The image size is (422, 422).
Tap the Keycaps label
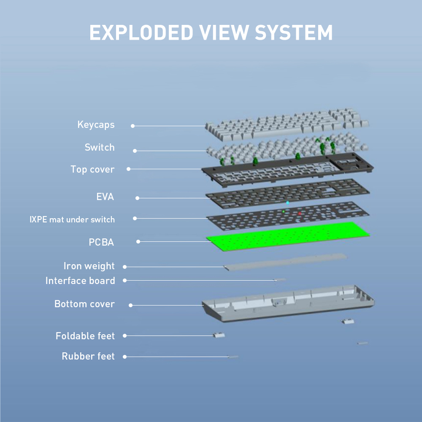click(x=96, y=125)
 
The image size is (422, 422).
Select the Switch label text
click(x=100, y=147)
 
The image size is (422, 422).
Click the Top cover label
click(x=92, y=170)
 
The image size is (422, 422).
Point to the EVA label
click(x=105, y=197)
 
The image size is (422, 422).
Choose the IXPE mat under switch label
click(x=72, y=219)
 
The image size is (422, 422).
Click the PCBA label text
click(x=101, y=243)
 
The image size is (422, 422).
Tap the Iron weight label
click(x=89, y=266)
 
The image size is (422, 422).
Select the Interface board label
click(x=80, y=281)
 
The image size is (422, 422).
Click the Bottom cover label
click(x=84, y=304)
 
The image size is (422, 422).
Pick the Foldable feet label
click(x=85, y=336)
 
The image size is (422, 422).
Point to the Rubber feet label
click(x=88, y=357)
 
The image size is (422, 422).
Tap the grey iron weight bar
click(x=287, y=262)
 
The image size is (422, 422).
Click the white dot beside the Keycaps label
click(x=133, y=126)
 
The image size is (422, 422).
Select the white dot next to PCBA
click(x=138, y=242)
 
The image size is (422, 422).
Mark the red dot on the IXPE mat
click(x=300, y=214)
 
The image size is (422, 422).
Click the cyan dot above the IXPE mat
click(x=287, y=203)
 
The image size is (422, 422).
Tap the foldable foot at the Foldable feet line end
click(x=219, y=335)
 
